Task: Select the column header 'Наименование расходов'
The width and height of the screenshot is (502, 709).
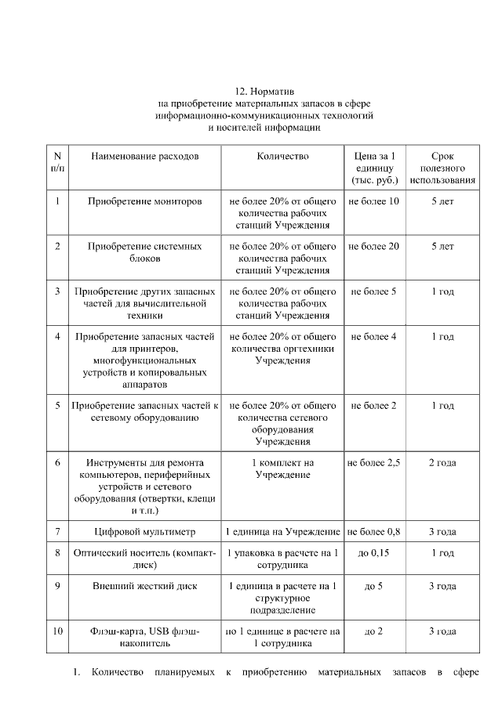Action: pyautogui.click(x=144, y=156)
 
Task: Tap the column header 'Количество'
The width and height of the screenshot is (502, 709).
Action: pyautogui.click(x=282, y=156)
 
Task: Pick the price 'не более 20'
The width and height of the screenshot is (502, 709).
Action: pyautogui.click(x=374, y=246)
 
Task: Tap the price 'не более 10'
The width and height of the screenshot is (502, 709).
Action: pyautogui.click(x=374, y=201)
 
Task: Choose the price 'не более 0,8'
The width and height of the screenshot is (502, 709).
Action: pyautogui.click(x=374, y=532)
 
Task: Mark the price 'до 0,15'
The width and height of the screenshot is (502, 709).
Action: pyautogui.click(x=374, y=553)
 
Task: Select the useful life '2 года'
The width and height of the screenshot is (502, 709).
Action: pyautogui.click(x=442, y=463)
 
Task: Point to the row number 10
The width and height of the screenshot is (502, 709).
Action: pyautogui.click(x=58, y=631)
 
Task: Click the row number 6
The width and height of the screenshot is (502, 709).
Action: pyautogui.click(x=58, y=463)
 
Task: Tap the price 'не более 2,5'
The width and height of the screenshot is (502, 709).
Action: pyautogui.click(x=374, y=463)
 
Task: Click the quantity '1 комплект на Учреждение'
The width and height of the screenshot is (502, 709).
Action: pyautogui.click(x=282, y=468)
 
